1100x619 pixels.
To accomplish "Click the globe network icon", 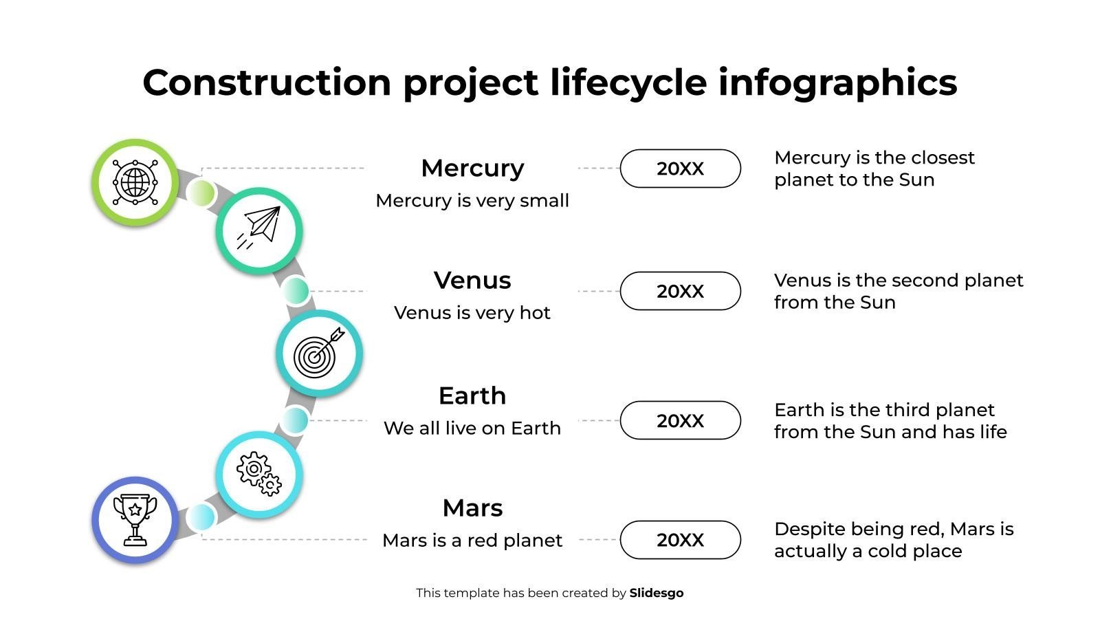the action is tap(135, 182).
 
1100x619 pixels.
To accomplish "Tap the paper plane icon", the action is tap(259, 227).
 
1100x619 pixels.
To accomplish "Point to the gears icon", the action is tap(259, 473).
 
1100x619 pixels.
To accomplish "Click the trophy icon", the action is tap(135, 520).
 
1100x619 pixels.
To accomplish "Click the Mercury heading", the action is tap(472, 168).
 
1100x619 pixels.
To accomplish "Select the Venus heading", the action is tap(472, 280).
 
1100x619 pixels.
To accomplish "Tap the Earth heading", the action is tap(472, 395).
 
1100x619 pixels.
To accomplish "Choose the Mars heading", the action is tap(472, 508).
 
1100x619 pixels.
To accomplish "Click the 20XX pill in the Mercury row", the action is tap(681, 169).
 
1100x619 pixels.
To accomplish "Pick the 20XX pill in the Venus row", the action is tap(681, 291).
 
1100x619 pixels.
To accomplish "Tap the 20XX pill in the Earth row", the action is tap(681, 420).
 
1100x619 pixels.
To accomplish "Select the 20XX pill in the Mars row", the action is tap(681, 540).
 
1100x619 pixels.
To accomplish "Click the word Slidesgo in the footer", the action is tap(657, 593).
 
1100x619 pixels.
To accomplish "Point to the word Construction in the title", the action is tap(267, 82).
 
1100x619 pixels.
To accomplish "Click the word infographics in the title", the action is tap(838, 83).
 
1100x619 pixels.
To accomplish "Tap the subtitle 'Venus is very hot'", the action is tap(472, 313).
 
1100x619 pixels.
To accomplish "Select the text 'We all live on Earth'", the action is tap(472, 428).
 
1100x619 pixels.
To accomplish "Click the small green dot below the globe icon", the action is tap(201, 193).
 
